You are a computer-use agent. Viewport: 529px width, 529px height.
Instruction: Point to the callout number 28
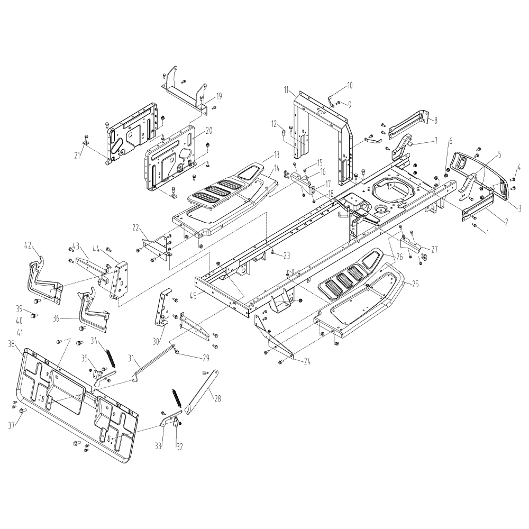(x=218, y=398)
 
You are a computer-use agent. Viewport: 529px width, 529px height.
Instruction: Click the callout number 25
(x=415, y=285)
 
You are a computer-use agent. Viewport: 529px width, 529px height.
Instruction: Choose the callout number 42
(x=28, y=246)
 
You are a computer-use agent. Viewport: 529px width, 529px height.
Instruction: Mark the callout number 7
(x=435, y=141)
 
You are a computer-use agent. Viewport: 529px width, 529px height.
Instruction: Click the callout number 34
(x=94, y=341)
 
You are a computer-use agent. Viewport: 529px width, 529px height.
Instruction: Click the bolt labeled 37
(x=24, y=411)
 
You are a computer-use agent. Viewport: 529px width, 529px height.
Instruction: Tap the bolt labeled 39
(x=34, y=315)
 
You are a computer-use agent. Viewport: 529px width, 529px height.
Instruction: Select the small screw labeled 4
(x=513, y=179)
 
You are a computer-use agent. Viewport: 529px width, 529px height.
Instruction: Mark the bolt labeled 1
(x=475, y=225)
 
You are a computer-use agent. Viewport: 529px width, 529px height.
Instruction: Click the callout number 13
(x=276, y=155)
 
